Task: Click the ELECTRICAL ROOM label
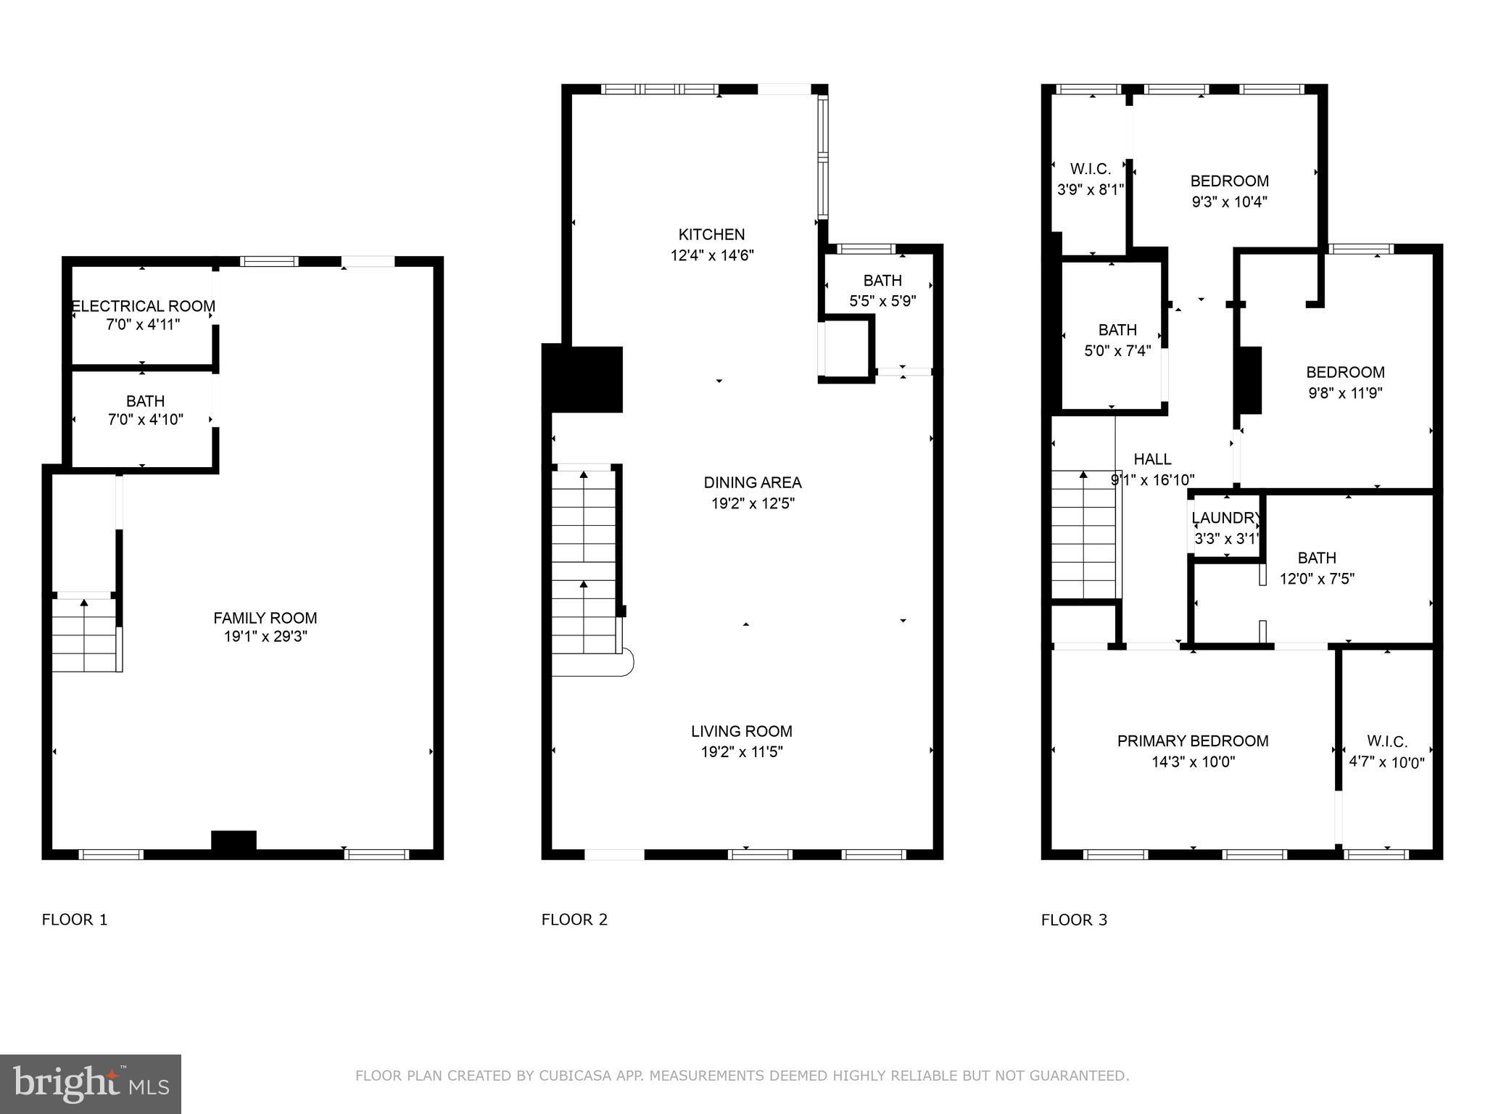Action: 144,306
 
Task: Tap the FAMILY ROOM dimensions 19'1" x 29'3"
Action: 265,637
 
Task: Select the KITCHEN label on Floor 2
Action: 711,234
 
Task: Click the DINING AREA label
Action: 753,482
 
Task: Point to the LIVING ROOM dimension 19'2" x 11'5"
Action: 742,752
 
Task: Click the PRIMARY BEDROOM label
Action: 1193,740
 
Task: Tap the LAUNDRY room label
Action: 1225,518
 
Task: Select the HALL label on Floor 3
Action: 1152,459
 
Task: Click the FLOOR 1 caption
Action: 75,920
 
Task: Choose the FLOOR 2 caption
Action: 574,920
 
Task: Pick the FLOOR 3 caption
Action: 1074,920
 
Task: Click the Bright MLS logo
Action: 91,1084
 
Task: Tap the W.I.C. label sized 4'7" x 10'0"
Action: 1387,741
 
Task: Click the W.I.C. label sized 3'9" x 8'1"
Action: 1091,169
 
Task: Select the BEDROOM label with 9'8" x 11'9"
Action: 1345,372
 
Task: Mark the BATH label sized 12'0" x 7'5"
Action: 1317,558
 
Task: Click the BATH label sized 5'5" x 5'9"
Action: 882,280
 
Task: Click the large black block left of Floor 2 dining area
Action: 583,379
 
